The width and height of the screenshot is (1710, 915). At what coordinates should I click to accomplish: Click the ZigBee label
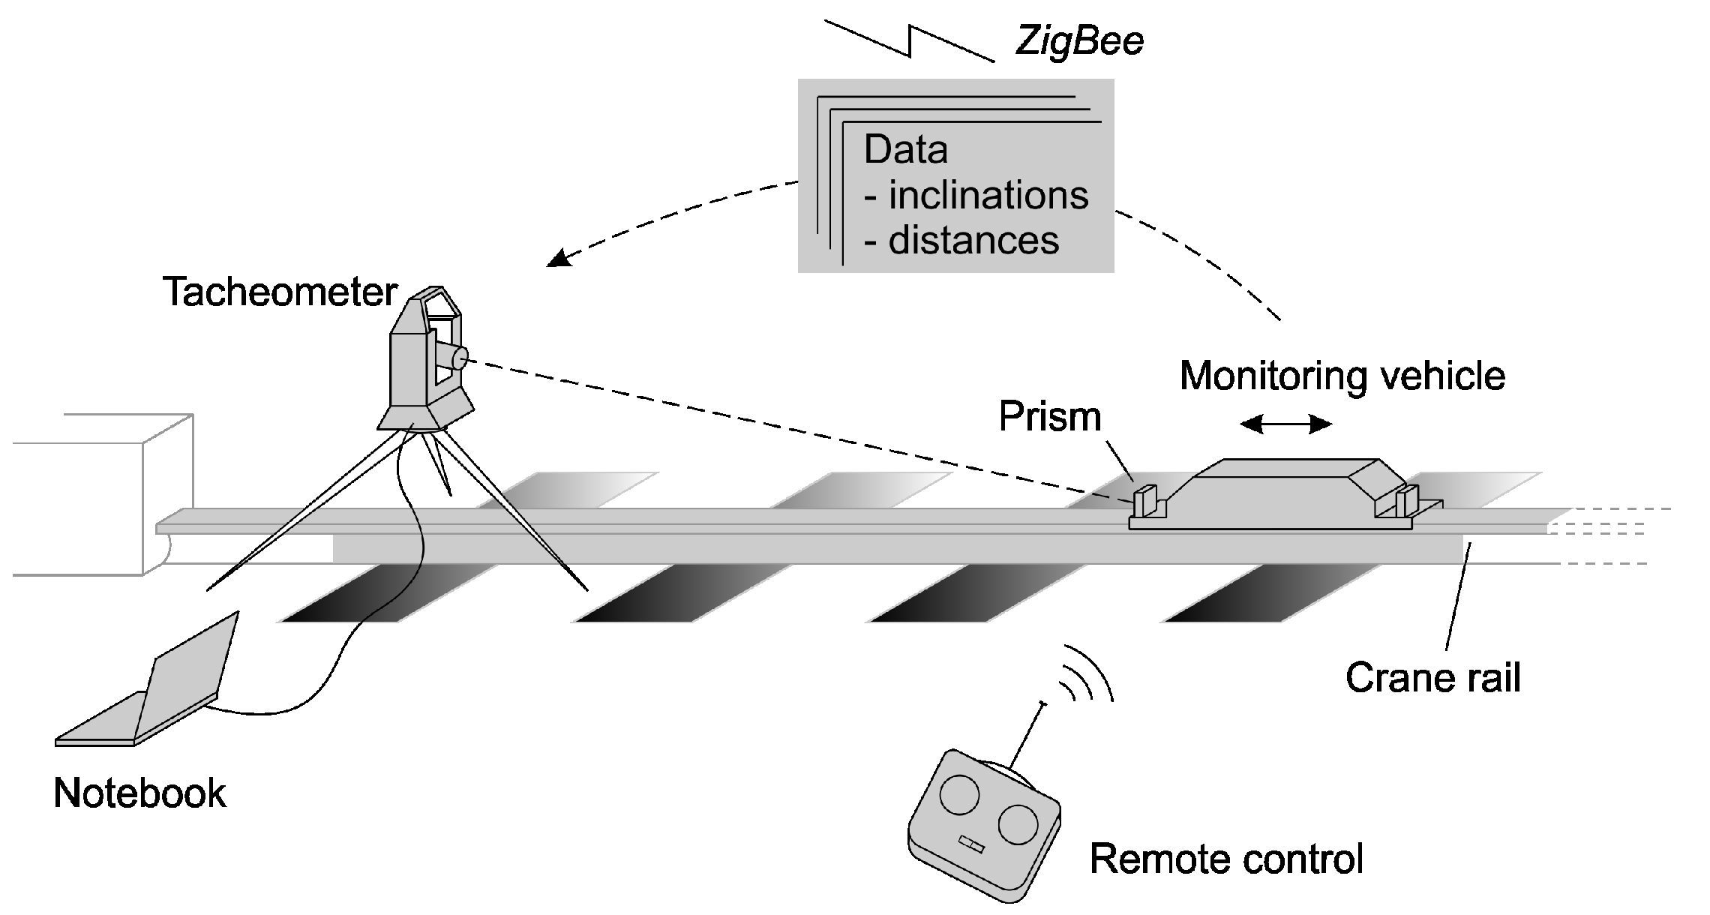click(x=1079, y=42)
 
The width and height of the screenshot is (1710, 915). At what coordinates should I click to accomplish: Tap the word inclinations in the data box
click(x=988, y=196)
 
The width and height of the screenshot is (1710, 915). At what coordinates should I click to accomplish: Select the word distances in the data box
click(x=973, y=241)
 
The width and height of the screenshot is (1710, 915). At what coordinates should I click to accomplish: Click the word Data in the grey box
click(x=905, y=149)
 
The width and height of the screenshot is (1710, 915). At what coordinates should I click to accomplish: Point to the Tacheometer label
click(x=280, y=292)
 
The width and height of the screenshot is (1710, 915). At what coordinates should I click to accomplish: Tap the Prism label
click(x=1049, y=416)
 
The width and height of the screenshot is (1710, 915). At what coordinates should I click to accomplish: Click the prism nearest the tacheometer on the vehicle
click(x=1145, y=501)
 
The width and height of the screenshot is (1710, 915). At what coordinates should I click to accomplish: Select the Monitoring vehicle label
click(x=1342, y=376)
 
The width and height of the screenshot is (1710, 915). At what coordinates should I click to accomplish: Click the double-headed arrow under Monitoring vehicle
click(x=1285, y=425)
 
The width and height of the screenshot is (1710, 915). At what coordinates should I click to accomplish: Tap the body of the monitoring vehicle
click(x=1282, y=491)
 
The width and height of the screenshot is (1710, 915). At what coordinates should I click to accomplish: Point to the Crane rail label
click(x=1432, y=678)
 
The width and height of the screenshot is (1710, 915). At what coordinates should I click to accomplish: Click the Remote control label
click(x=1225, y=859)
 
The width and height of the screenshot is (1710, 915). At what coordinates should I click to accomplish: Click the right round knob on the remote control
click(x=1018, y=823)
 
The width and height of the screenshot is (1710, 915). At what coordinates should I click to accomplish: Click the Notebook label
click(x=139, y=793)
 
